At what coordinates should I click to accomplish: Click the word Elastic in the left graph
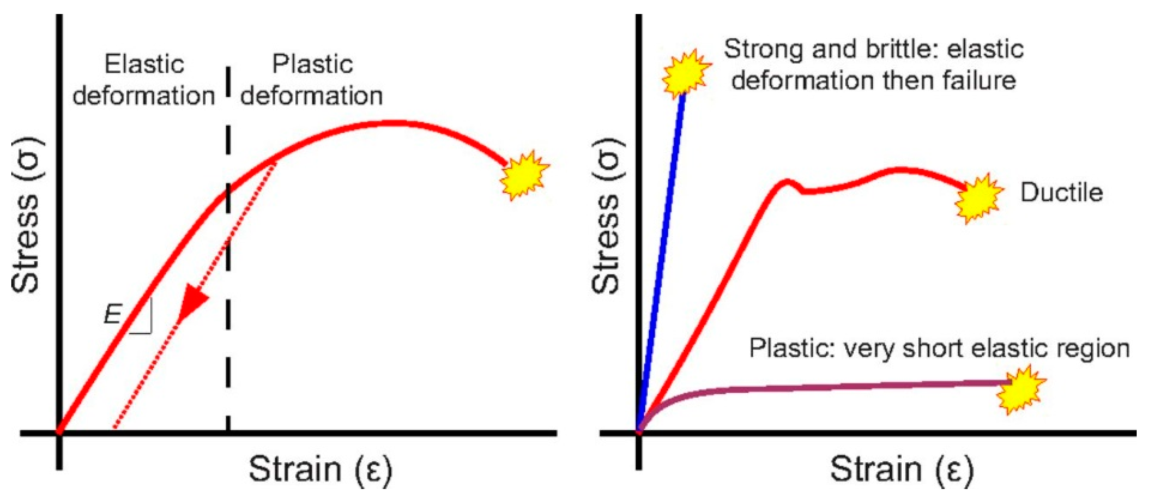click(144, 65)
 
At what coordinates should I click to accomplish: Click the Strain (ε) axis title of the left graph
click(320, 470)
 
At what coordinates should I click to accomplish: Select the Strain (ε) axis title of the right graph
click(902, 470)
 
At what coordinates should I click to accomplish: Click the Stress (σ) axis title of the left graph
click(26, 216)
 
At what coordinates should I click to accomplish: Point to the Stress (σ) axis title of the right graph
click(606, 216)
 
